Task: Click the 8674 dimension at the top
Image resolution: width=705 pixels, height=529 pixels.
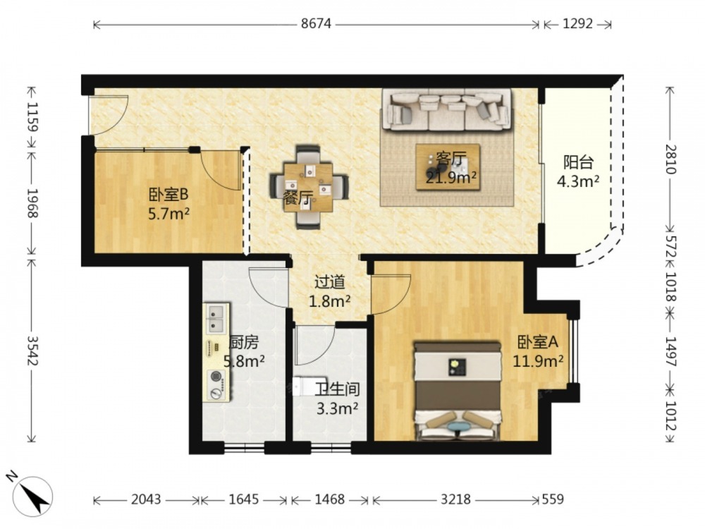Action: (316, 23)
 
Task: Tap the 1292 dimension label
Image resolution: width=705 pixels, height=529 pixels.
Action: (578, 23)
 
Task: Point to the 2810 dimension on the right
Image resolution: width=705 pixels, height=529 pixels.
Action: (670, 159)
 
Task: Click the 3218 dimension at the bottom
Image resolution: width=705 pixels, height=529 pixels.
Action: (455, 499)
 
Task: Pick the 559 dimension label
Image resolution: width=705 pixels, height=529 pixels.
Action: (552, 499)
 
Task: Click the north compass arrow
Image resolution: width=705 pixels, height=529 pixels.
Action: (34, 496)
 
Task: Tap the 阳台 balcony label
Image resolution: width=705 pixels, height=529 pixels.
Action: (578, 162)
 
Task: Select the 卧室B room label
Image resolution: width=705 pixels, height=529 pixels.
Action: (168, 195)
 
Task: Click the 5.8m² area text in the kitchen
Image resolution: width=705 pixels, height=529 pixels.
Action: (244, 360)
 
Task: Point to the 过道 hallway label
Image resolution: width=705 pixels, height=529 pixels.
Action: (329, 282)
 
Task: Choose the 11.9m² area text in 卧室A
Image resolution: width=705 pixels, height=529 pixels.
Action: (538, 360)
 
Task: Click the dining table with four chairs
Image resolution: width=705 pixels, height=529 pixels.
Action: (309, 187)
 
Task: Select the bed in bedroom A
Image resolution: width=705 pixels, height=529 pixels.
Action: (458, 391)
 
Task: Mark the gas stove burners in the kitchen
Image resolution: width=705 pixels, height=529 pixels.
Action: (217, 384)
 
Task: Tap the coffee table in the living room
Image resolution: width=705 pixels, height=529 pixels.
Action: (448, 167)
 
